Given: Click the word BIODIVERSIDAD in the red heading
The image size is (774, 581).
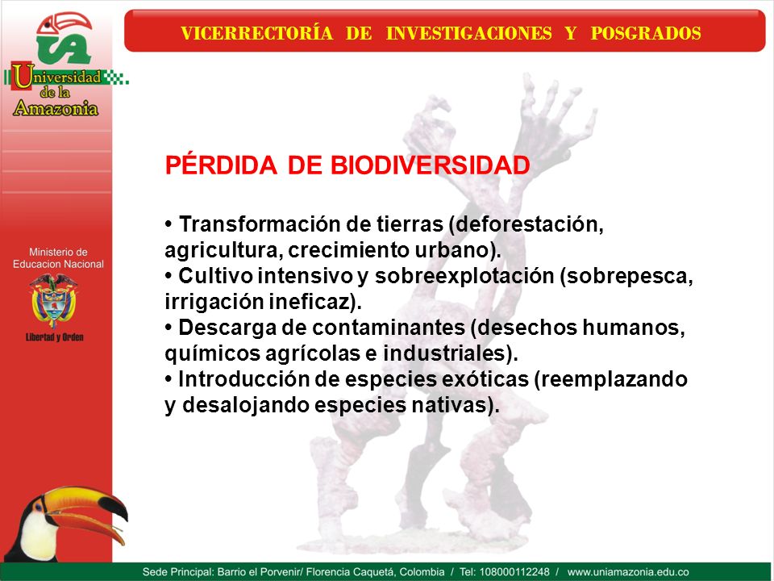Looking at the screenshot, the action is [x=430, y=165].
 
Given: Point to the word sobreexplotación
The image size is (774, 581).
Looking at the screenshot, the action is [x=464, y=276].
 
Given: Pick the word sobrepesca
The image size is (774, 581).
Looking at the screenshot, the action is [x=626, y=276].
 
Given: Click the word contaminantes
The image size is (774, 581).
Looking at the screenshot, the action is [x=389, y=328].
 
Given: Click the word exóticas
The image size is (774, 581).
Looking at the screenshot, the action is [x=483, y=379].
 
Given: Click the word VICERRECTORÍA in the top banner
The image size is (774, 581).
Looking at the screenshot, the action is [x=256, y=33].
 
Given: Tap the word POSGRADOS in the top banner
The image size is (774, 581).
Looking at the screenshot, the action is [x=646, y=33].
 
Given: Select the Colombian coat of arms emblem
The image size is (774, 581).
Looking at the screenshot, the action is [x=54, y=301].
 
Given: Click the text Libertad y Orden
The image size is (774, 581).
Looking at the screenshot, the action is [x=54, y=337].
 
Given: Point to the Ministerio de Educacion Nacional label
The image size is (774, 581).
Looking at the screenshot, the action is [x=58, y=258].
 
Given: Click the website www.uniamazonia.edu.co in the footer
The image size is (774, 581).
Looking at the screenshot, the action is [x=628, y=572].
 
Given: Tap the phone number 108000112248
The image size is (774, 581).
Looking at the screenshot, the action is [x=514, y=572].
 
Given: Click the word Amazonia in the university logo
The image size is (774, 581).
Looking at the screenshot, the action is [x=56, y=107].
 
